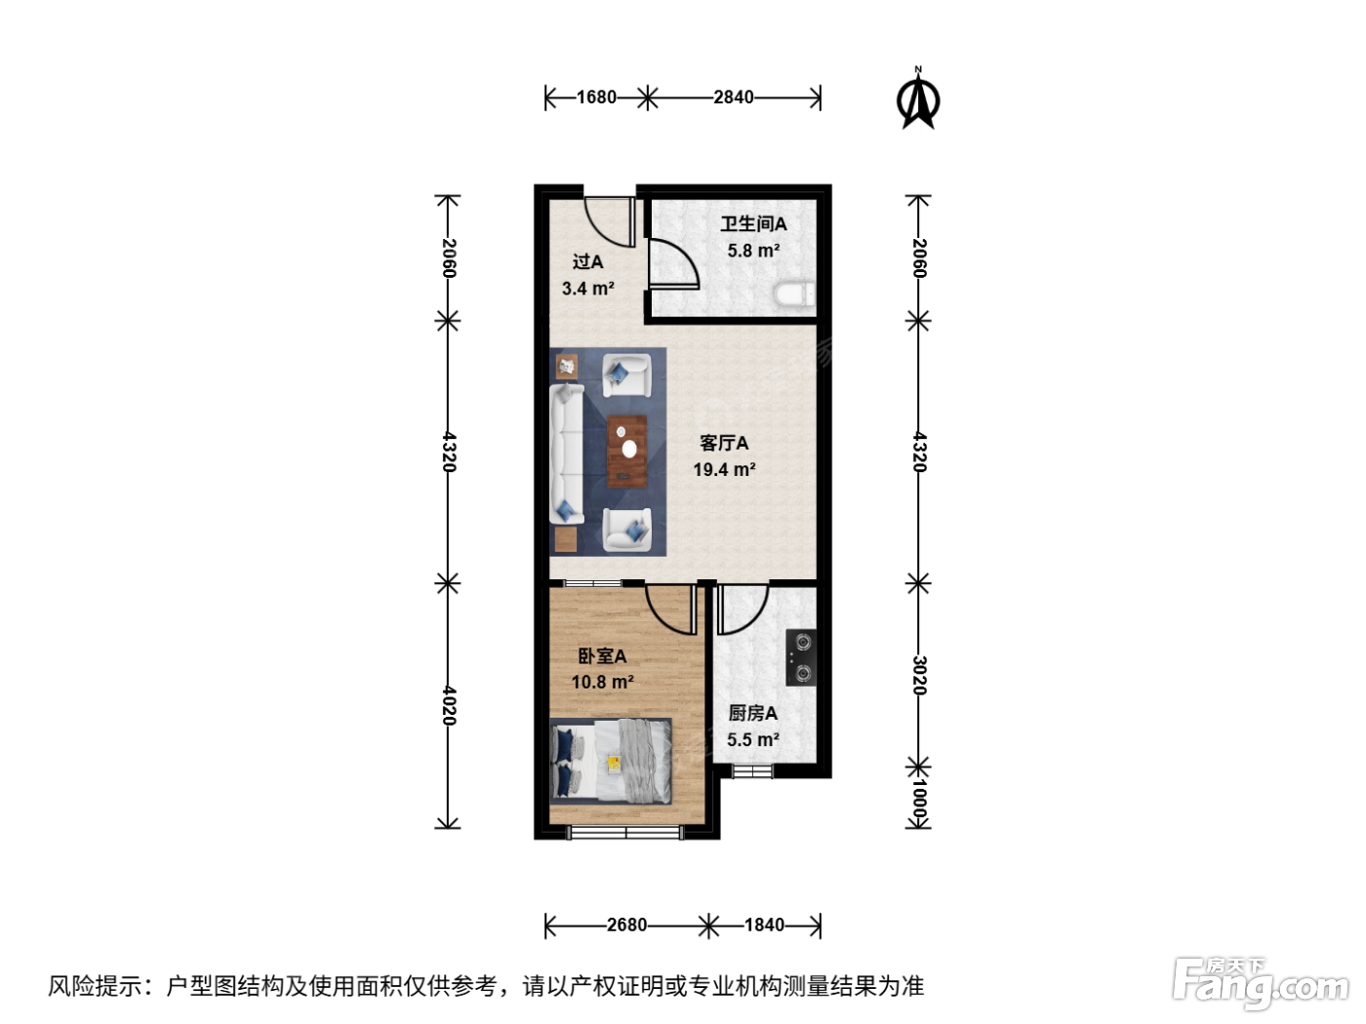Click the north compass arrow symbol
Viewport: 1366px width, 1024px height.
coord(917,99)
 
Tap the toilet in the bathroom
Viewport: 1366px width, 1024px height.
coord(794,294)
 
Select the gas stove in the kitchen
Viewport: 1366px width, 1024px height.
coord(801,657)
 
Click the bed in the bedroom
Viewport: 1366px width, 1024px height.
coord(611,761)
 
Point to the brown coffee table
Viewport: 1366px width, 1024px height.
coord(626,452)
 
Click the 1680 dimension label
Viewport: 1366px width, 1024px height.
coord(595,97)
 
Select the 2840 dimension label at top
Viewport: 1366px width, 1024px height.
coord(733,97)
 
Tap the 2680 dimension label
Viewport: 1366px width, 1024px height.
coord(626,926)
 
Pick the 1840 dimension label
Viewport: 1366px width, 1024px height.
coord(764,926)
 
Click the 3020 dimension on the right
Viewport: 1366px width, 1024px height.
coord(919,675)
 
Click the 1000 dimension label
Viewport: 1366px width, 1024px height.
coord(919,802)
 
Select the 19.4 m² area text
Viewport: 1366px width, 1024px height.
coord(724,469)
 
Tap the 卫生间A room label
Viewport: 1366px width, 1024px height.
coord(753,224)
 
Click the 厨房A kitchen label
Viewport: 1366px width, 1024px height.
coord(753,713)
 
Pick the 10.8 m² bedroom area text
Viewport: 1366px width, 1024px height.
coord(602,682)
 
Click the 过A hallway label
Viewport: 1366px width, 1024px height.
coord(587,261)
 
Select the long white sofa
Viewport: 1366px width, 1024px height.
coord(566,453)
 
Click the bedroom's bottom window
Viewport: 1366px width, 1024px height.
coord(625,833)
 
